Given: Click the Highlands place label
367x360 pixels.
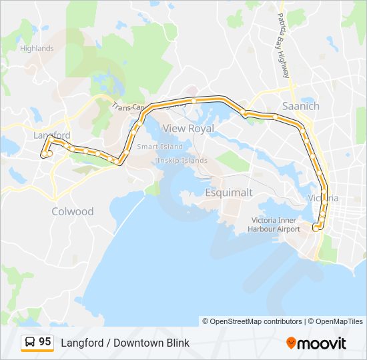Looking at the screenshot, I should tap(37, 49).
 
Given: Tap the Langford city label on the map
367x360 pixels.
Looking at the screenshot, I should tap(51, 135).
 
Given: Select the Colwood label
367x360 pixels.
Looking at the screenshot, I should tap(73, 211).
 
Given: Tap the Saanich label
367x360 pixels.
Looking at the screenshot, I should tap(301, 106).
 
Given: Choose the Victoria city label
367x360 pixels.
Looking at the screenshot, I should tap(324, 199).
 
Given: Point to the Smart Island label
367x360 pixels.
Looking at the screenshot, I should tap(159, 147).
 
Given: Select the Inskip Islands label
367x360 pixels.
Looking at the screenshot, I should tap(182, 161).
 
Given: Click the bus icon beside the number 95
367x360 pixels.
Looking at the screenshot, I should tap(30, 343).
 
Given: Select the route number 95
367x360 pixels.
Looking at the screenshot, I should tap(45, 342).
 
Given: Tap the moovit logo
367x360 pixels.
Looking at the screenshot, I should tap(316, 343).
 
